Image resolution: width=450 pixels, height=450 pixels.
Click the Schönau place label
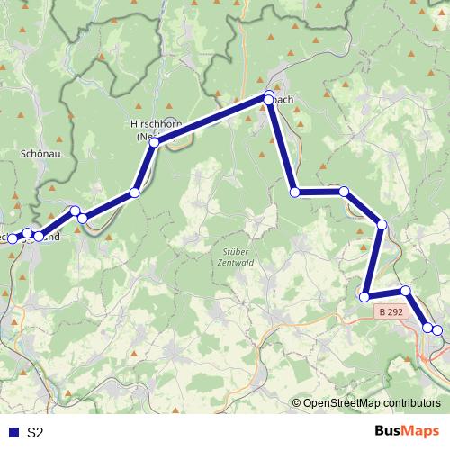tap(38, 154)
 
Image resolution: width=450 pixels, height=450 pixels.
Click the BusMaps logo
tap(407, 431)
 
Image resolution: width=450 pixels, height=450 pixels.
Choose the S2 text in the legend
tap(35, 432)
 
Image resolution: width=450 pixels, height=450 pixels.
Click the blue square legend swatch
tap(13, 432)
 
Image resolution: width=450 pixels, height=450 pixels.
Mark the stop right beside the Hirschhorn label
tap(155, 143)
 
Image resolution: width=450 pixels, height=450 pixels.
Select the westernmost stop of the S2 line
tap(12, 237)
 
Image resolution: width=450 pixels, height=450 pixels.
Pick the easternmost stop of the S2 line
tap(437, 330)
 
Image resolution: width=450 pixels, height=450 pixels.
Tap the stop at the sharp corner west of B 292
tap(364, 296)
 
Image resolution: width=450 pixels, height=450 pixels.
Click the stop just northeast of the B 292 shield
tap(406, 291)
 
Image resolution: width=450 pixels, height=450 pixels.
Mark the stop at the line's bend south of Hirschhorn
tap(134, 193)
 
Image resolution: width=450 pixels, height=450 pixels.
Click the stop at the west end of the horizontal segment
tap(294, 192)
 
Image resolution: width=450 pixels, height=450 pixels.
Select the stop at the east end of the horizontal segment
tap(344, 192)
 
